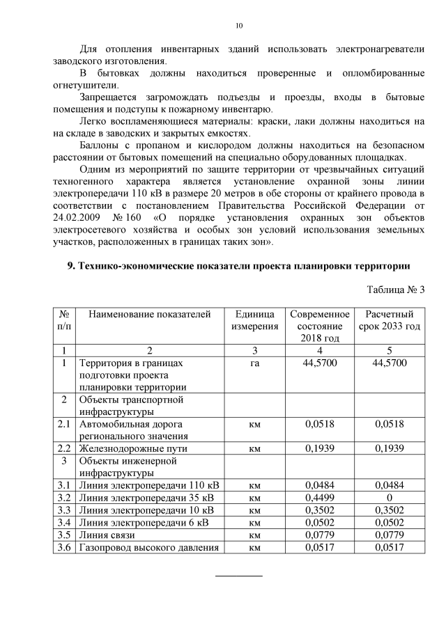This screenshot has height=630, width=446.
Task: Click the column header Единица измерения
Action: [x=254, y=320]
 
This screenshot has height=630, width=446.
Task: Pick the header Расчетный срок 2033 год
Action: [x=390, y=320]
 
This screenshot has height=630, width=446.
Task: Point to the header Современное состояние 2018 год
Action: [x=320, y=326]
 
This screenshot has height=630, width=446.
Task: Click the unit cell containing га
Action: [x=254, y=363]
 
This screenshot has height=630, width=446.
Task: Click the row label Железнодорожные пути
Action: [x=133, y=448]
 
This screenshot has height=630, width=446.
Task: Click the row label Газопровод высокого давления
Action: [x=149, y=547]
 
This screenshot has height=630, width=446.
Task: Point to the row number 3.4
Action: [x=64, y=522]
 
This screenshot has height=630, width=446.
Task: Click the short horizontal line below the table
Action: [x=239, y=576]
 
